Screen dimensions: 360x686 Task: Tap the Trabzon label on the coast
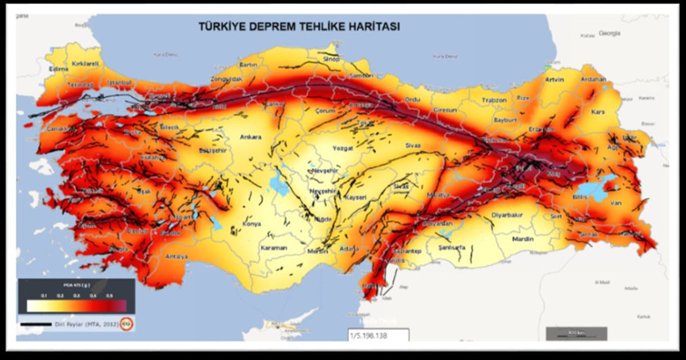493,99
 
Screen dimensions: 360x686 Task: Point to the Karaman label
274,248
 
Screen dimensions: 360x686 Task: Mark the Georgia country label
609,33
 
